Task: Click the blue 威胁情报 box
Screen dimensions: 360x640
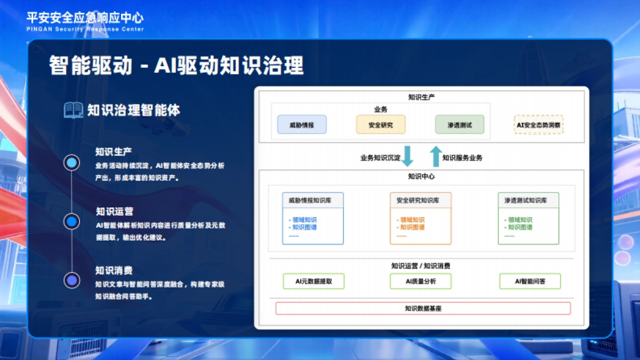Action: (302, 125)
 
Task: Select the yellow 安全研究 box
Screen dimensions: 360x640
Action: (381, 125)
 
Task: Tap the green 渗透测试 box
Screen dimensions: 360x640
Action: (459, 125)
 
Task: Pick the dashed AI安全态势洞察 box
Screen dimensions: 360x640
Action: (539, 125)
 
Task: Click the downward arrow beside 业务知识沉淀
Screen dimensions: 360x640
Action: (408, 156)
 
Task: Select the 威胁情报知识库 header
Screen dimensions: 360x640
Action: (313, 201)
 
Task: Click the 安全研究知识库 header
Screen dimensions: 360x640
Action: (420, 201)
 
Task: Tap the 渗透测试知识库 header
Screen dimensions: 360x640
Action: (528, 201)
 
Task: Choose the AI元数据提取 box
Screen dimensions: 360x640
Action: (314, 281)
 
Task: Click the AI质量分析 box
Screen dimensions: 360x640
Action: (420, 281)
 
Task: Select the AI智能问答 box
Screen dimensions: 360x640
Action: (530, 281)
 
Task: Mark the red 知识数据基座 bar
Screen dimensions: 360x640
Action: (423, 308)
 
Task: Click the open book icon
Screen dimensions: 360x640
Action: (73, 110)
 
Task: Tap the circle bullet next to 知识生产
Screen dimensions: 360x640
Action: (71, 162)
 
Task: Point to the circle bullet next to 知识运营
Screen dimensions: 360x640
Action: (71, 221)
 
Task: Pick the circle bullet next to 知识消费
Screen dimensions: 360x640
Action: (71, 279)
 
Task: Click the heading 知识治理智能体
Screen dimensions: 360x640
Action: (134, 110)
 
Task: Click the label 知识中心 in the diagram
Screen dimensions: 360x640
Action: (421, 177)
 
